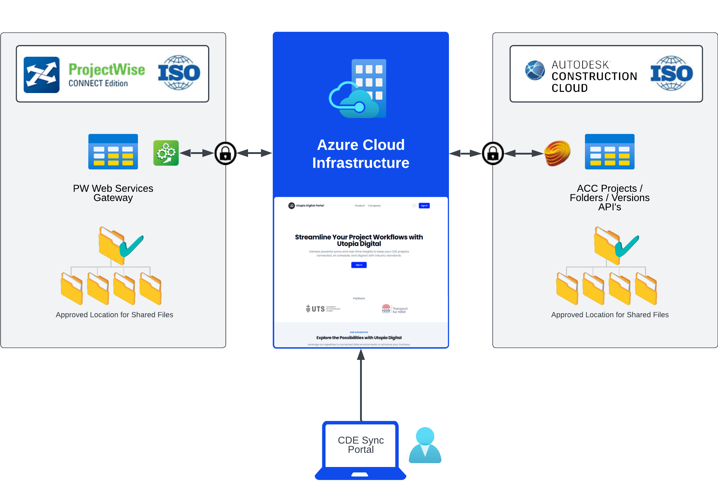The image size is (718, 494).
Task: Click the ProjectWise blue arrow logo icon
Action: click(x=41, y=75)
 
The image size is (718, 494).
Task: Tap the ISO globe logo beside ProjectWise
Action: click(x=179, y=73)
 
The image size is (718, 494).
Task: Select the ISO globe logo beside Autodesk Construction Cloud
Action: click(x=671, y=73)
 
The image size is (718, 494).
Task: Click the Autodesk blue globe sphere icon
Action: click(x=535, y=70)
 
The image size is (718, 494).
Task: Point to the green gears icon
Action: click(x=166, y=153)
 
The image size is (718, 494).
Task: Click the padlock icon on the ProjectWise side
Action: click(x=226, y=153)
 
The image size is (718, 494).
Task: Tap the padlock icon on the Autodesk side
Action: click(x=493, y=153)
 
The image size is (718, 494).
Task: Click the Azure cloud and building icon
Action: click(x=359, y=89)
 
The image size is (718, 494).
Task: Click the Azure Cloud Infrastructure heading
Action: click(x=361, y=154)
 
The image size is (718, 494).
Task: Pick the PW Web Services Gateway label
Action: click(x=113, y=193)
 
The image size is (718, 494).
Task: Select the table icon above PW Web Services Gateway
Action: click(x=113, y=152)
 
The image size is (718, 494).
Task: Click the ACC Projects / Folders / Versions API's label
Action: click(x=609, y=197)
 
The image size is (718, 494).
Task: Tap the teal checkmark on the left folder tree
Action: click(x=132, y=246)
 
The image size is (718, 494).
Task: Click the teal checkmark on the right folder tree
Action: click(x=627, y=246)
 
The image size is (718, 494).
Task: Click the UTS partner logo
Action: click(x=323, y=309)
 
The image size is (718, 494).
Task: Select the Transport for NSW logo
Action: click(x=395, y=309)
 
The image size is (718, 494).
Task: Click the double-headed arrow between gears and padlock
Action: click(x=197, y=153)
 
